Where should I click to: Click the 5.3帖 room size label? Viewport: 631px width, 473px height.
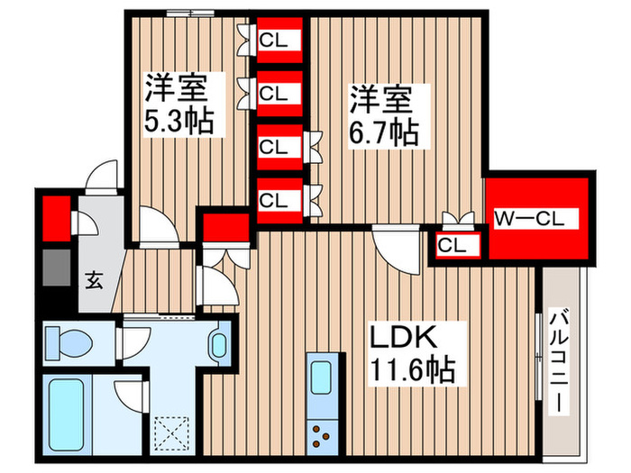[x=180, y=121]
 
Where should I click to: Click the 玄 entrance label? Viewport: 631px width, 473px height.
[x=94, y=278]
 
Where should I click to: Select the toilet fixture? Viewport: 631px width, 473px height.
[x=69, y=341]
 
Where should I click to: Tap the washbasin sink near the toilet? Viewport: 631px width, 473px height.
[x=218, y=343]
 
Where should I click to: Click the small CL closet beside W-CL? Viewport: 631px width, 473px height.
[x=453, y=244]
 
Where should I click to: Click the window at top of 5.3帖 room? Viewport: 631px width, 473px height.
[x=190, y=13]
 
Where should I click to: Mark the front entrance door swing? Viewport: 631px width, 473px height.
[x=102, y=176]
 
